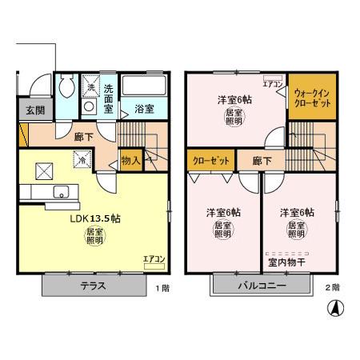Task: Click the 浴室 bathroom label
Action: [144, 109]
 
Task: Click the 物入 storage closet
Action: [131, 161]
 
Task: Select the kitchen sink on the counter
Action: [59, 192]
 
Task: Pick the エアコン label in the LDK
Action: [153, 258]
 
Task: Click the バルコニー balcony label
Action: [262, 286]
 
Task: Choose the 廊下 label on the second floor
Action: [262, 161]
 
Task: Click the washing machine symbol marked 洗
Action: [90, 87]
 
